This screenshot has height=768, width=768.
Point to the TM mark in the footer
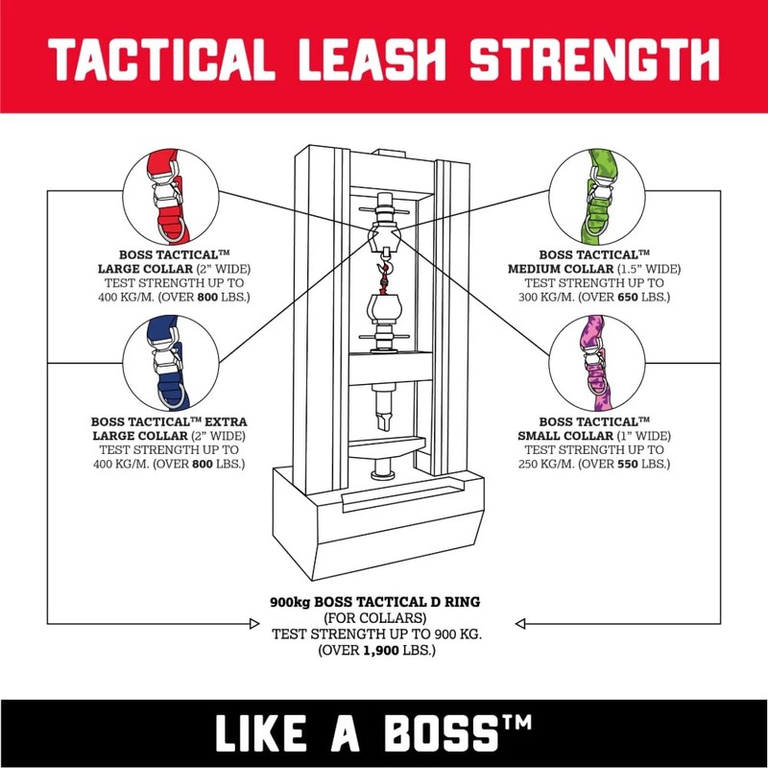tap(526, 722)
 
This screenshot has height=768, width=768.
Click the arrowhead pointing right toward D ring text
tap(252, 625)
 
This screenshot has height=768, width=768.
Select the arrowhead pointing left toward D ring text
tap(521, 625)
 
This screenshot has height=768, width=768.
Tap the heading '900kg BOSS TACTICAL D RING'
tap(375, 603)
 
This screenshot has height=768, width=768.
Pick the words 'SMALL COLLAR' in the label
tap(579, 435)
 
